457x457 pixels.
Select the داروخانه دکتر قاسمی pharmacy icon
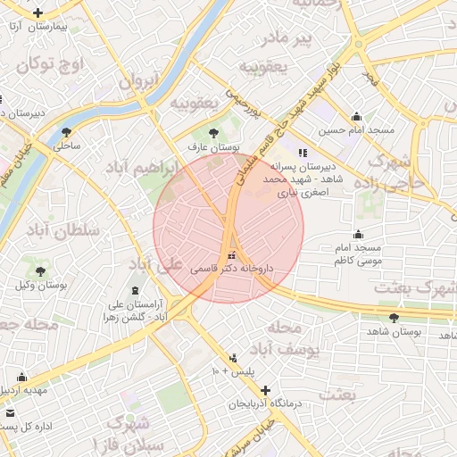click(x=233, y=253)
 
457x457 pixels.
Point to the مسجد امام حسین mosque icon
click(x=357, y=117)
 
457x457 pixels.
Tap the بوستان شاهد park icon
click(x=394, y=319)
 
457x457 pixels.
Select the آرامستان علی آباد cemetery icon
click(x=135, y=291)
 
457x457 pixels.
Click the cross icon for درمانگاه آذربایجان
click(x=265, y=390)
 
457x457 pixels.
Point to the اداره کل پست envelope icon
click(x=10, y=413)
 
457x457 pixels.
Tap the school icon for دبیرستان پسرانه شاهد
click(x=303, y=153)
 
